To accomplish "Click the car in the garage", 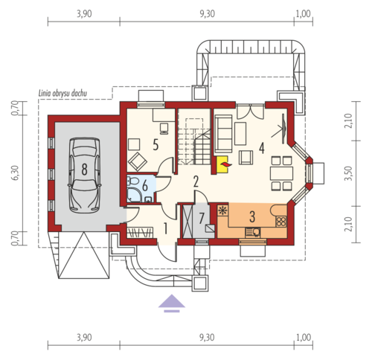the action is tap(85, 176).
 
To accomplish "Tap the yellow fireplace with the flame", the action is tap(222, 164).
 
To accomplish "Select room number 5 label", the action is tap(155, 145).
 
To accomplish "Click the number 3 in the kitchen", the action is tap(252, 216).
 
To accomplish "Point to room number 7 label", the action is tap(202, 218).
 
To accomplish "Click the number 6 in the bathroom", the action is tap(145, 186).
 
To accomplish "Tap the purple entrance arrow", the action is tap(172, 303).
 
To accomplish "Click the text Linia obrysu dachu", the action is tap(62, 94).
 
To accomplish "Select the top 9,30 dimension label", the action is tap(207, 14).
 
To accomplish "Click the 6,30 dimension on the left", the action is tap(15, 173).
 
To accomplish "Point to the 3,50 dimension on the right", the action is tap(348, 173).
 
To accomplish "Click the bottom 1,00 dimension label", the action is tap(304, 338).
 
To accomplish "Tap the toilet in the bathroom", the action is tap(132, 181).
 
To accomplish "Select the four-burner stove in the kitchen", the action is tap(281, 222).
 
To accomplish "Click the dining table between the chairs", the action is tap(281, 173).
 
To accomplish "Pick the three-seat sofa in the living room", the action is tap(224, 133).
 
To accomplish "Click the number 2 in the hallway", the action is tap(196, 181).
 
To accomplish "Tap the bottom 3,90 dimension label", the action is tap(84, 338).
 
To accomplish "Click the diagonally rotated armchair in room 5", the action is tap(138, 161).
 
